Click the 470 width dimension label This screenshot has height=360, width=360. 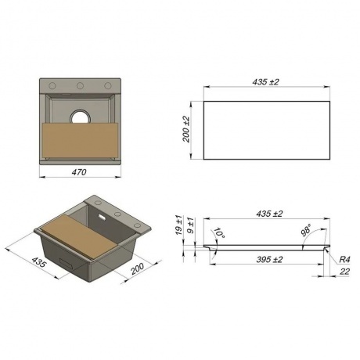79,172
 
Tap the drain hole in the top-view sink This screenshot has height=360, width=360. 81,117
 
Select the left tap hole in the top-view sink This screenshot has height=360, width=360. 52,85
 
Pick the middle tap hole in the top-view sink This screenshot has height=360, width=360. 80,85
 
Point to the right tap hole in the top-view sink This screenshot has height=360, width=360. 108,85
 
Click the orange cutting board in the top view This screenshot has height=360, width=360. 80,140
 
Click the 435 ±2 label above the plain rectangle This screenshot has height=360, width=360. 265,82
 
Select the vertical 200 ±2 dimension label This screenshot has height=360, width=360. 186,129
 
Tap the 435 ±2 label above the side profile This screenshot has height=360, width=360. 269,214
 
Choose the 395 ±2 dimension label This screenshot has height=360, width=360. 269,260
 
